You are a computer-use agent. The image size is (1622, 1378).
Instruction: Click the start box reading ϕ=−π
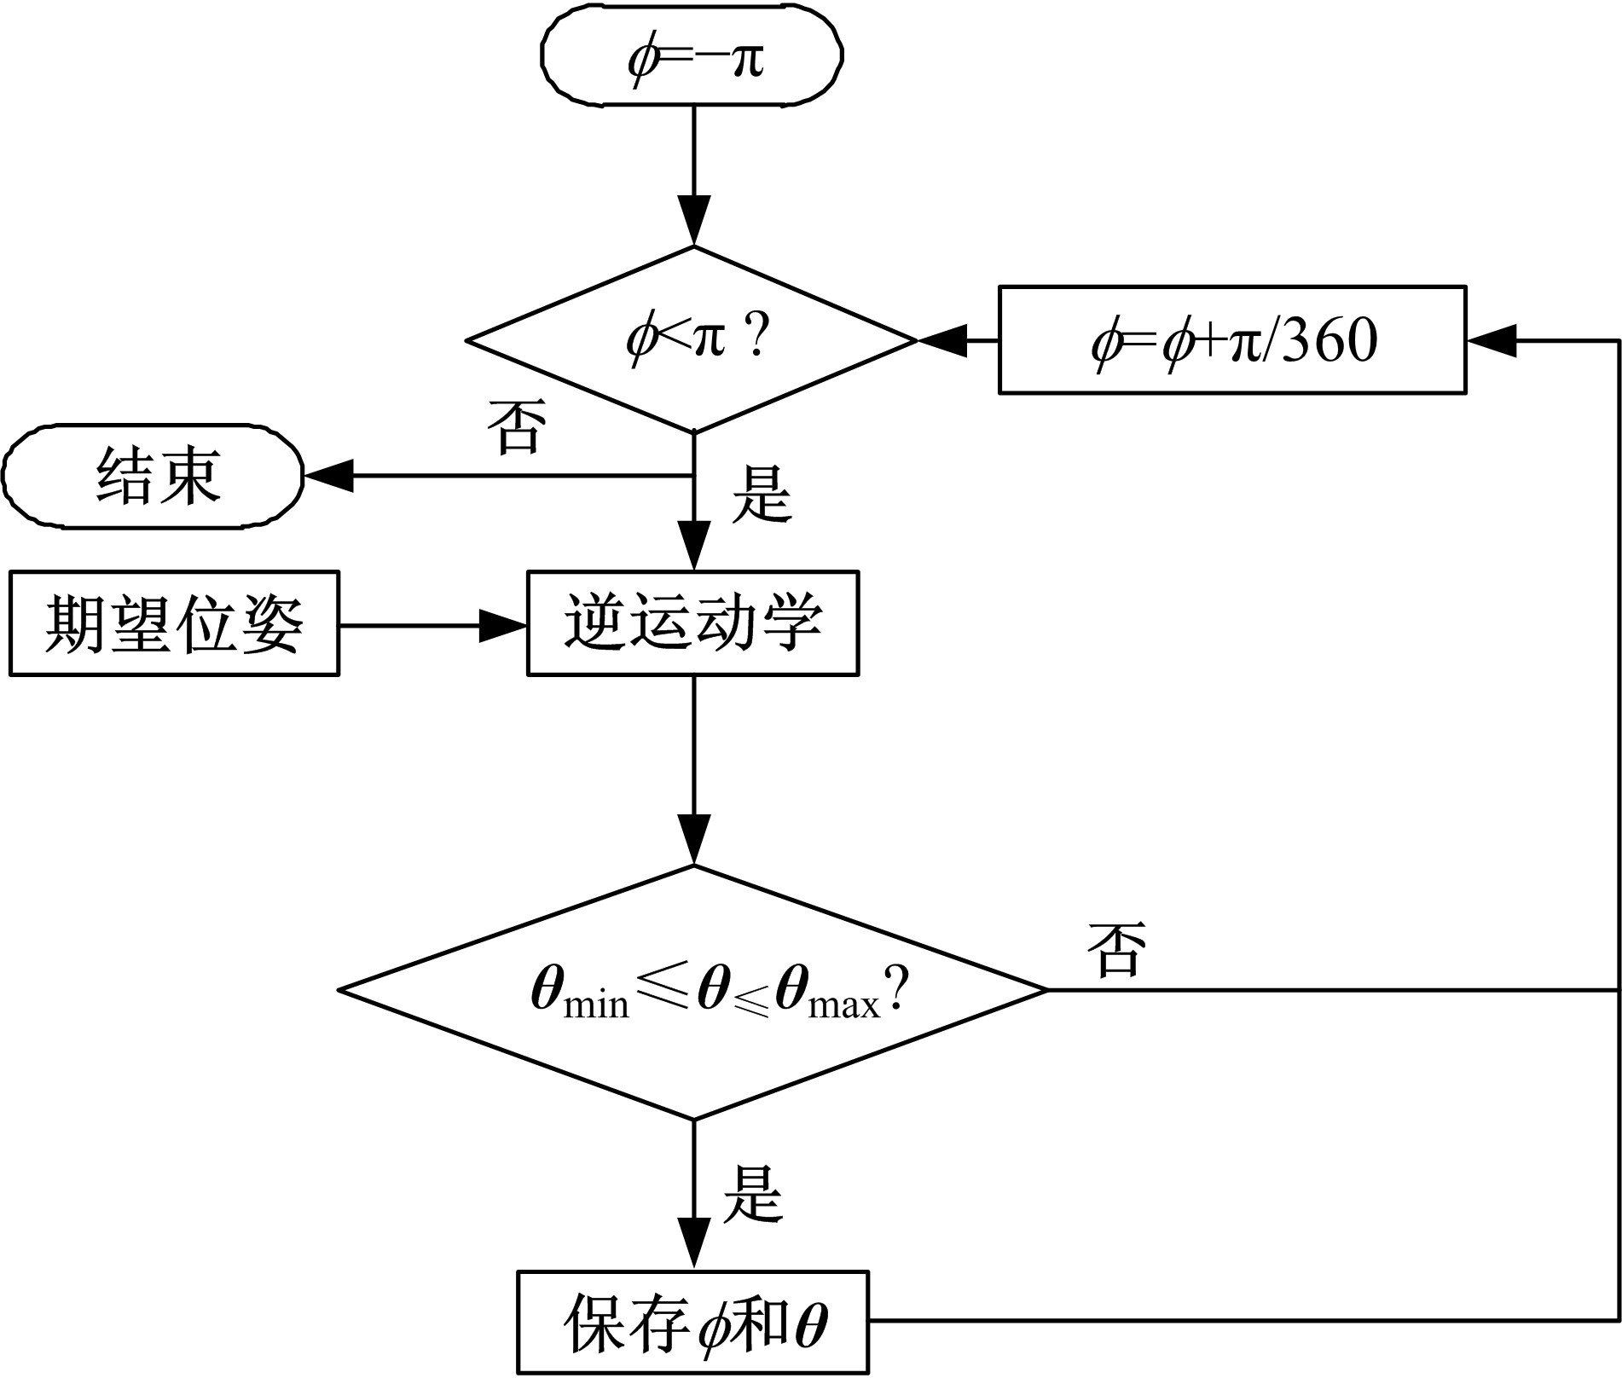tap(692, 56)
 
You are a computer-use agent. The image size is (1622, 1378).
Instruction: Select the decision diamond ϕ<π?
tap(692, 340)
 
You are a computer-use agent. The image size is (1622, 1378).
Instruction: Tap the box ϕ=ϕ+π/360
tap(1232, 340)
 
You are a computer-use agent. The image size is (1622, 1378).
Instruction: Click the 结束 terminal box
tap(154, 475)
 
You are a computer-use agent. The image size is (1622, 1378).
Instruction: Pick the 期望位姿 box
tap(174, 623)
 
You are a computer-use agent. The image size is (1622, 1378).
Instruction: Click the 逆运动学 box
tap(692, 623)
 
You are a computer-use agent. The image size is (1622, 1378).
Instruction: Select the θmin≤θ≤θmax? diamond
tap(692, 991)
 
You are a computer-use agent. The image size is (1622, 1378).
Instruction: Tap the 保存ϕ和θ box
tap(692, 1322)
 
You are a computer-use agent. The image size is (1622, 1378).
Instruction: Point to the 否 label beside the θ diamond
tap(1116, 949)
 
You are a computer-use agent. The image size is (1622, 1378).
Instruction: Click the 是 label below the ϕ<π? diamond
tap(762, 494)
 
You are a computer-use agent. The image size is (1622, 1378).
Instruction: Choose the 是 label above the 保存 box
tap(752, 1195)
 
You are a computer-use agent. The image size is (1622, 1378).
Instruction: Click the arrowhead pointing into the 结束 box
tap(328, 475)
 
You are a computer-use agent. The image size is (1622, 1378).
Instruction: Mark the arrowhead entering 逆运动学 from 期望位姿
tap(504, 626)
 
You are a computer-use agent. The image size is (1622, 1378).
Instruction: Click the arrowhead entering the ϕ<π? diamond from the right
tap(941, 340)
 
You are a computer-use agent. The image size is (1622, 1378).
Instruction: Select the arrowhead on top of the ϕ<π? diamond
tap(694, 221)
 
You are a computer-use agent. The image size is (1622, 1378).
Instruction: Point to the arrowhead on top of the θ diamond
tap(694, 840)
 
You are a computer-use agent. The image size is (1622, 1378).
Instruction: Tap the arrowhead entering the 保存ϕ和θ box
tap(694, 1245)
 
